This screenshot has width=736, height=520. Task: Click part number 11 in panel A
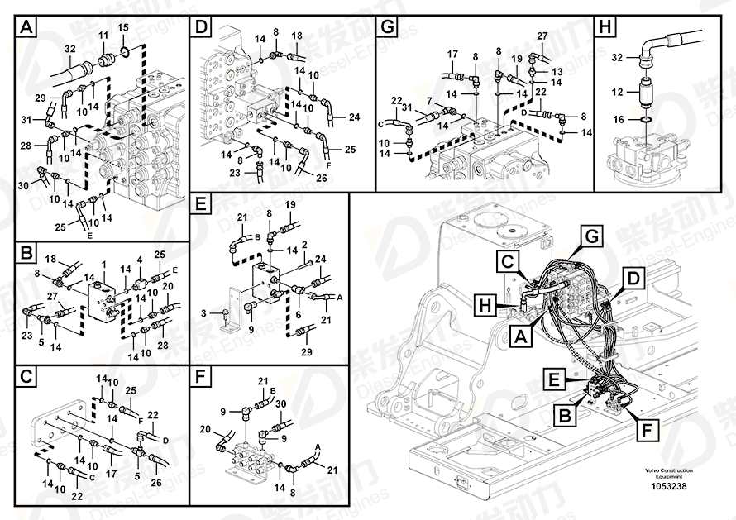point(103,35)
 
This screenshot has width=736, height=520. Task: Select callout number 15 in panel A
point(122,28)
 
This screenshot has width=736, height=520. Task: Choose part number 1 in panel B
point(104,265)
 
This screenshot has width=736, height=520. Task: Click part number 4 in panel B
point(140,260)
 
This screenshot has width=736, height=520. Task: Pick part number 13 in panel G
point(557,71)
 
